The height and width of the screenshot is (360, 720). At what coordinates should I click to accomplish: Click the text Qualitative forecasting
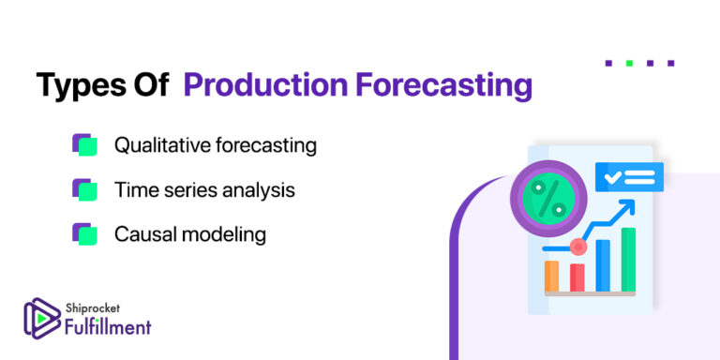point(215,146)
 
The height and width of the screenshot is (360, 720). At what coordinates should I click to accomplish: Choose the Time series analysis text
point(204,190)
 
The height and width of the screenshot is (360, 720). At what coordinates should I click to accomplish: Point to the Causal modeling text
point(189,234)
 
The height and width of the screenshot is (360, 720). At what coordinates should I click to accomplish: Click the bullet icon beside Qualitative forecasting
point(84,145)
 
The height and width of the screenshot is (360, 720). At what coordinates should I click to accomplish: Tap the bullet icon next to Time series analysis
point(84,189)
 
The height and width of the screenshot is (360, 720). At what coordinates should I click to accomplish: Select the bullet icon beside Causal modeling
point(84,233)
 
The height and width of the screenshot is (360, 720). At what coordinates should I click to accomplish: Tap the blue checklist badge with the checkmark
point(628,176)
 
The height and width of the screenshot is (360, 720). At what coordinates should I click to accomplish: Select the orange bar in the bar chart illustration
point(552,276)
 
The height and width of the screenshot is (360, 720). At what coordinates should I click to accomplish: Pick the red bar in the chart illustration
point(577,277)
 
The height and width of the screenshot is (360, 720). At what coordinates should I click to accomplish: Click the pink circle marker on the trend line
point(577,247)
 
